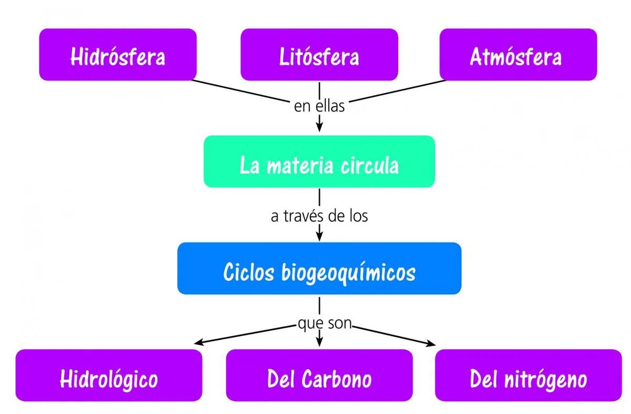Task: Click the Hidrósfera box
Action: [x=118, y=55]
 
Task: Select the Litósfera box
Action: [x=319, y=55]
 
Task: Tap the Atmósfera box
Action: [x=518, y=55]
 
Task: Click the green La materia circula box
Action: [x=319, y=162]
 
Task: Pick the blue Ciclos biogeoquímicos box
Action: [x=319, y=268]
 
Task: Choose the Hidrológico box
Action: [x=109, y=376]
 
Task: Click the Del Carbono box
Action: [x=319, y=376]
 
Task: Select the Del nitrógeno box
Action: [x=528, y=376]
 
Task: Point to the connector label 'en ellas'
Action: [x=319, y=106]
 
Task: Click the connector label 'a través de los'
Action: [x=319, y=216]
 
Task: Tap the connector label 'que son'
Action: [x=324, y=323]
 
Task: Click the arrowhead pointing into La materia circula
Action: [x=319, y=127]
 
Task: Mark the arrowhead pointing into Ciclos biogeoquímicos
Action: [x=319, y=235]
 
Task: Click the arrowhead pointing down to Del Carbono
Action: [x=319, y=342]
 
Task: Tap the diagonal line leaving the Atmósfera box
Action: [x=397, y=91]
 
